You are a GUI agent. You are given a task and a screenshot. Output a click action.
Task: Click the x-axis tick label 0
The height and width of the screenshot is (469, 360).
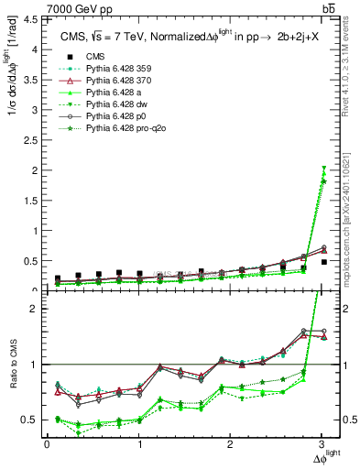pos(47,445)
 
